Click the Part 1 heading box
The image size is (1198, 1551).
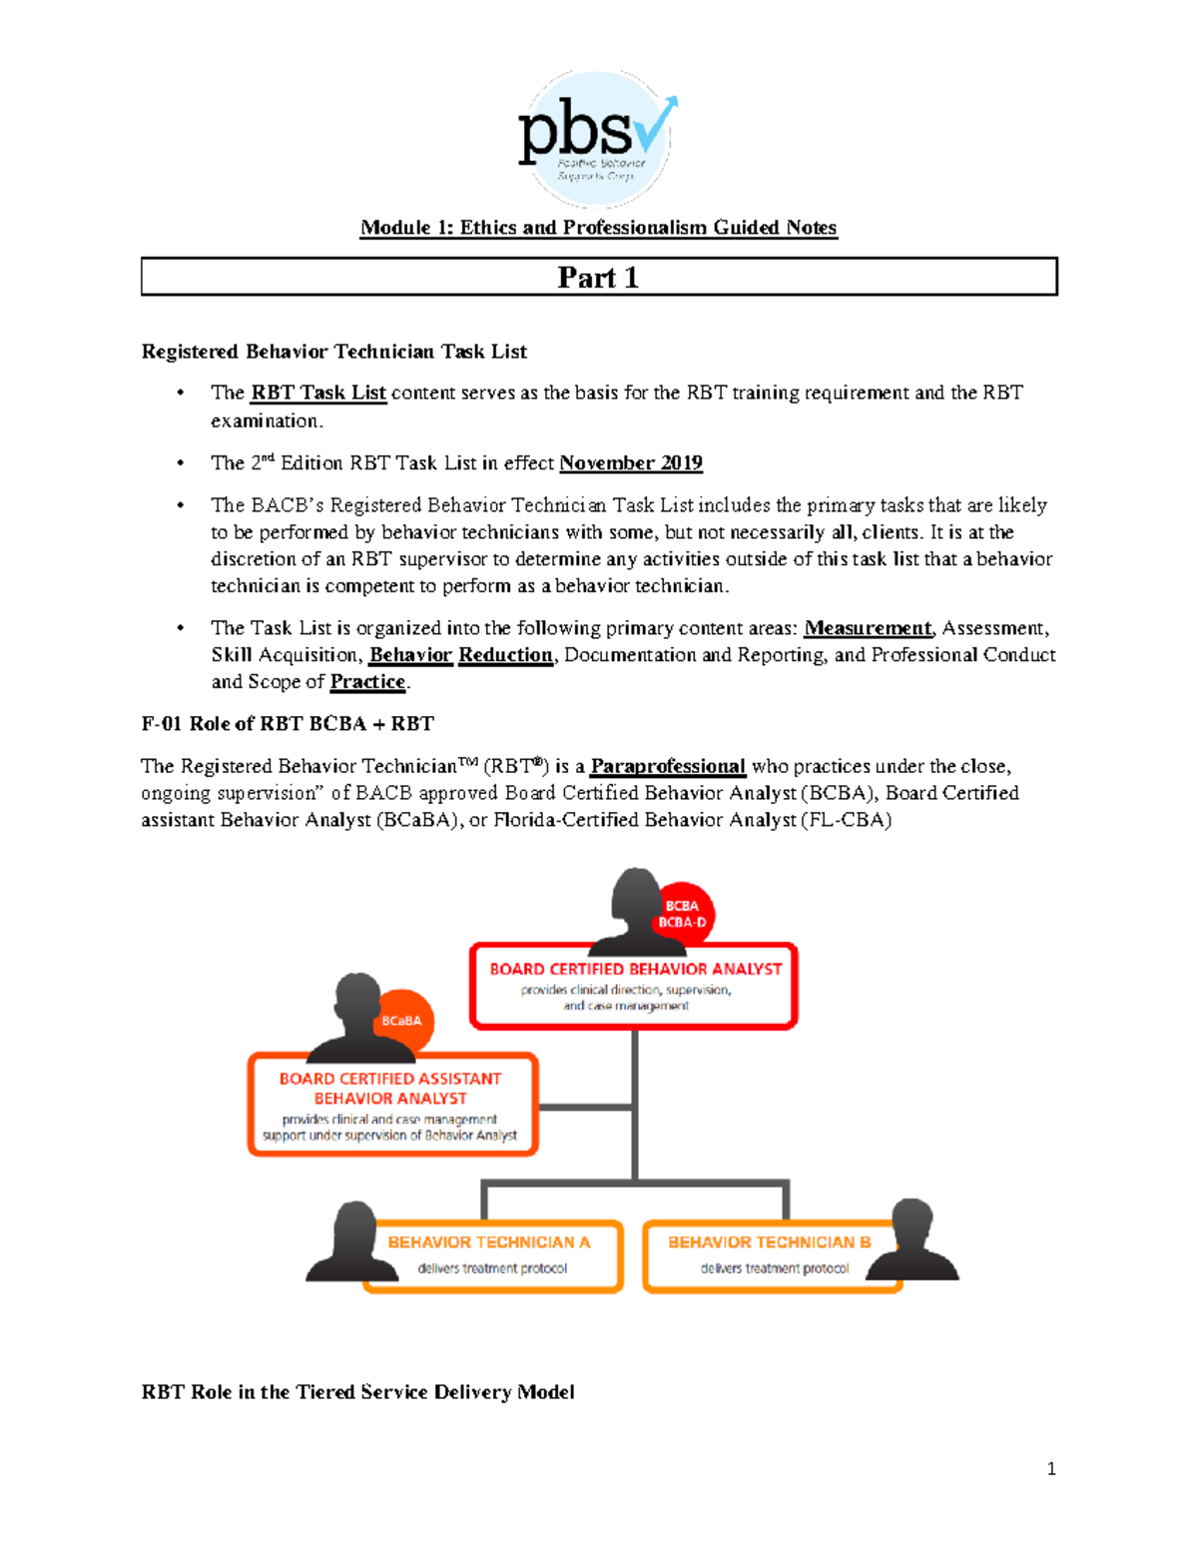(598, 277)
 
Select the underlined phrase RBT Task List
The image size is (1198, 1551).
(317, 392)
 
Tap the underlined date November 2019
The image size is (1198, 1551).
(630, 462)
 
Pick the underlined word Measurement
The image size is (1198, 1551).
(867, 628)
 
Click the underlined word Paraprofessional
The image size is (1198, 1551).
(667, 766)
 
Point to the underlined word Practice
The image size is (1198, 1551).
(367, 682)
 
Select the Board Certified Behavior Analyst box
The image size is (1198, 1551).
(634, 987)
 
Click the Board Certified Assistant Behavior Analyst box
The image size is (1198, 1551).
(392, 1106)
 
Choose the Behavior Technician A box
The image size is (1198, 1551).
(492, 1255)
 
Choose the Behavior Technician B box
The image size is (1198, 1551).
(772, 1255)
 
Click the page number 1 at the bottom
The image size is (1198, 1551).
(1050, 1468)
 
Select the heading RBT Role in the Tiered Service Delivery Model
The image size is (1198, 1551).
(357, 1392)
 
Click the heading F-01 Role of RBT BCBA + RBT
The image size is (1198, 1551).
(288, 724)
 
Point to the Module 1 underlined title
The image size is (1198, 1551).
(598, 228)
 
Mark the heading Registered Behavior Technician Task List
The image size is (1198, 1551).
(333, 352)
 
